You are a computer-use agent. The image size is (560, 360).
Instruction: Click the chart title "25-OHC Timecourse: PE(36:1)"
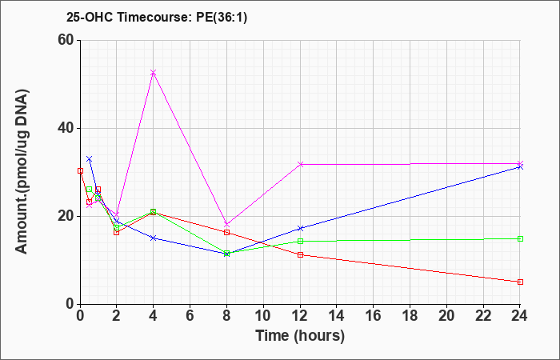coord(157,18)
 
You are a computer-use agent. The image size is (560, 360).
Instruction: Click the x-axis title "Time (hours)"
coord(300,336)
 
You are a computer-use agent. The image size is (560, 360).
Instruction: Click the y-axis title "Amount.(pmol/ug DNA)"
coord(22,171)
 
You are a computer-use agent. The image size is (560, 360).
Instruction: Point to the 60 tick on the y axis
coord(68,40)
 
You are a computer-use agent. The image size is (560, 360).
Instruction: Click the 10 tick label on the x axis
coord(263,316)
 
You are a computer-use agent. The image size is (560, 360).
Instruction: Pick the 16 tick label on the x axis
coord(374,316)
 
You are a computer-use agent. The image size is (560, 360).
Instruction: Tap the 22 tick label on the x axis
coord(483,316)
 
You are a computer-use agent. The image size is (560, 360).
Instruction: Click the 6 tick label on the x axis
coord(190,316)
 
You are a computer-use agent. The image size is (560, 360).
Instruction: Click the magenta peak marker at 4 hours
coord(154,73)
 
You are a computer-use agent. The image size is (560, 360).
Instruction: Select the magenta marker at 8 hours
coord(226,225)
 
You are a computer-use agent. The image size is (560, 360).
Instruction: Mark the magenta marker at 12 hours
coord(300,164)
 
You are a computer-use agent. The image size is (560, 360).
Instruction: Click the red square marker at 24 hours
coord(520,282)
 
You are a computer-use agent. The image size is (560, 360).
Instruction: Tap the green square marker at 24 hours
coord(520,239)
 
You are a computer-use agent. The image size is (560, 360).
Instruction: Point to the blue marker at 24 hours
coord(520,166)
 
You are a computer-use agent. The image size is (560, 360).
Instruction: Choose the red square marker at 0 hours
coord(80,170)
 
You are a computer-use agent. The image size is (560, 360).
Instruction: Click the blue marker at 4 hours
coord(154,238)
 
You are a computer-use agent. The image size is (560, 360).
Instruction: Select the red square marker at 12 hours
coord(300,254)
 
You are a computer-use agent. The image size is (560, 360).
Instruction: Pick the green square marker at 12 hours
coord(300,241)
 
